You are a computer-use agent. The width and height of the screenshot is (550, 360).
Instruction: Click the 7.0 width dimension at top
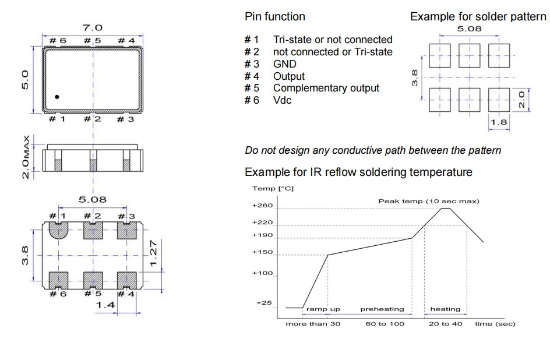click(93, 28)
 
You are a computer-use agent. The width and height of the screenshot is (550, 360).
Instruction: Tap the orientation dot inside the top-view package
click(57, 97)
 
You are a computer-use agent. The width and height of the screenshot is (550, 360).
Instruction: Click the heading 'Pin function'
click(274, 17)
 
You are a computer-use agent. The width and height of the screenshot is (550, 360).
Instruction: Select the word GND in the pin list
click(284, 64)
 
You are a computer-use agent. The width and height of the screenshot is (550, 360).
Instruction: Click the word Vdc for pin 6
click(283, 100)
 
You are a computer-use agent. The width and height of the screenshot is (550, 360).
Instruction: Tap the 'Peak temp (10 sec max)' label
click(429, 201)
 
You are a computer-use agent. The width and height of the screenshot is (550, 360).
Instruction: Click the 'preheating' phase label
click(382, 309)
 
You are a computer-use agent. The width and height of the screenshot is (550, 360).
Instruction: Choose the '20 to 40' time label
click(445, 323)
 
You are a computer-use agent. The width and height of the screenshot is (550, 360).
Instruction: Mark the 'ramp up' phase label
click(323, 309)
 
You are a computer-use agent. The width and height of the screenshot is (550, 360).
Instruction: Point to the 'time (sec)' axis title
click(495, 323)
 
